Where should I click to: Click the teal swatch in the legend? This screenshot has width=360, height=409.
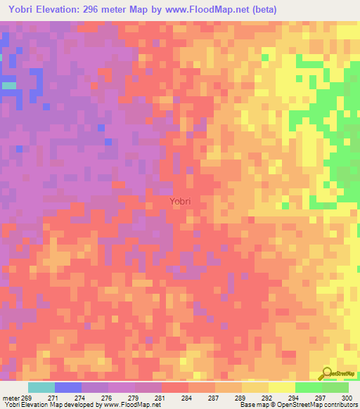pyautogui.click(x=41, y=387)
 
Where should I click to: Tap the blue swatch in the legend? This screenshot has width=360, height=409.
pyautogui.click(x=68, y=387)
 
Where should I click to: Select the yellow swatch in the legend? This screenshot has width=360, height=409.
pyautogui.click(x=282, y=387)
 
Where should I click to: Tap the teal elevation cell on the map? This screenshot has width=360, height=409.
pyautogui.click(x=9, y=85)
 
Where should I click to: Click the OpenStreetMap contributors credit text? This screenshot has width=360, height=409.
pyautogui.click(x=323, y=405)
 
